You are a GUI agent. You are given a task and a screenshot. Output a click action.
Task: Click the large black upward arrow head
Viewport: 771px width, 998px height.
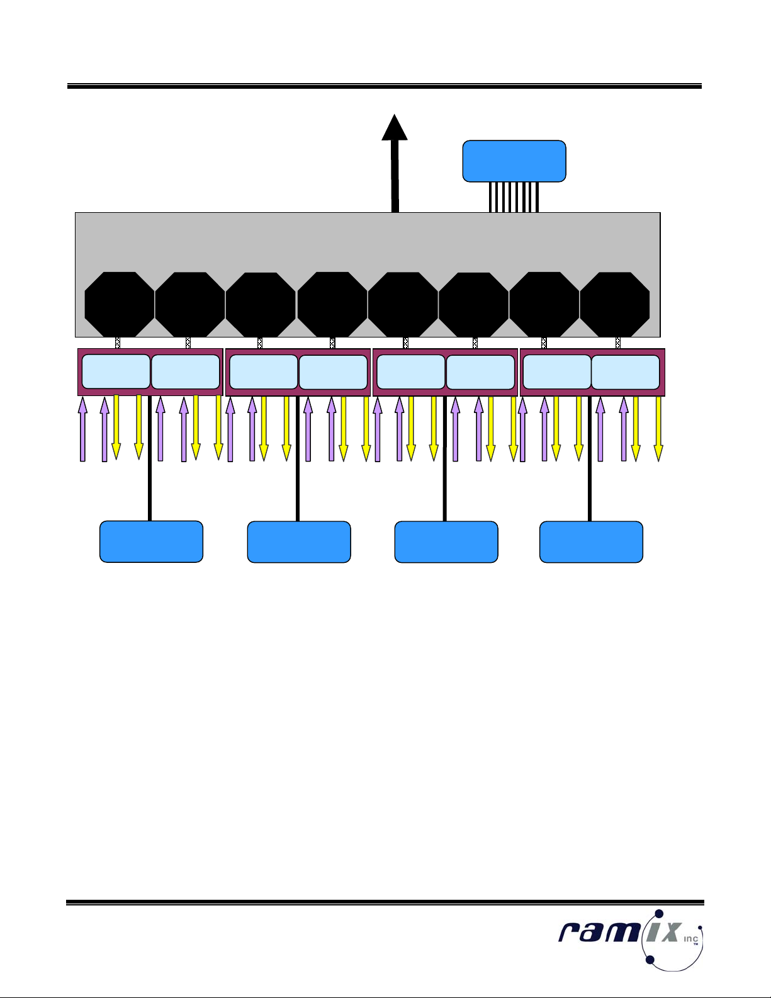point(395,128)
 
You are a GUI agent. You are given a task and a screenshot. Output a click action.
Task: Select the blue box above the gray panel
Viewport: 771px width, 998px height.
point(514,161)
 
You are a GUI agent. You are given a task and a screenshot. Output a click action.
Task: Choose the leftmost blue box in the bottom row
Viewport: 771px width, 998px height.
point(151,542)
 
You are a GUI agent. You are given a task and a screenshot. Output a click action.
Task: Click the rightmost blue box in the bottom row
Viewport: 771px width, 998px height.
point(591,542)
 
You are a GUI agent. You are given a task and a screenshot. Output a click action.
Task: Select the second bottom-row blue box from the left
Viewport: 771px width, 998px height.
point(299,542)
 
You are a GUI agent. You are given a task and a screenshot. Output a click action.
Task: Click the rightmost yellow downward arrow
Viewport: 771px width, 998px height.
point(658,428)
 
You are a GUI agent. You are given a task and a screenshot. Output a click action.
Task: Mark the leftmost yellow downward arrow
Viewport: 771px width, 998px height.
point(116,427)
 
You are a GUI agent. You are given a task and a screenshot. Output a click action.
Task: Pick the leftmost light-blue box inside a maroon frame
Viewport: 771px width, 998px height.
point(116,371)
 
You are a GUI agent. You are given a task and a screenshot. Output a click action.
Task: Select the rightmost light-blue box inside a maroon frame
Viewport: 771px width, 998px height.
point(626,372)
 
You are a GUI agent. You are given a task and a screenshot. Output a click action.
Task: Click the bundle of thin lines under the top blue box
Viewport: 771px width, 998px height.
point(514,196)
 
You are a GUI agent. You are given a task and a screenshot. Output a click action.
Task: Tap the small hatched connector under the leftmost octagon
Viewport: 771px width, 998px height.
point(118,343)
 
